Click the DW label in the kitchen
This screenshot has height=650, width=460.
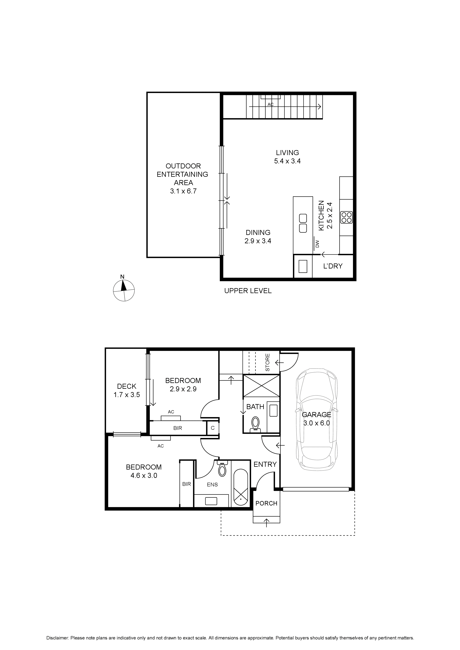317,244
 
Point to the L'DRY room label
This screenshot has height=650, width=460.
333,266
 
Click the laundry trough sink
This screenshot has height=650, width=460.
303,266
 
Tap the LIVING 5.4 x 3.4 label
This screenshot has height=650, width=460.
287,157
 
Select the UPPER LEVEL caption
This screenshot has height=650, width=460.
248,291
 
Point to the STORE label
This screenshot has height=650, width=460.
267,362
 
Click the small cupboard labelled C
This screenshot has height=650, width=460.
213,428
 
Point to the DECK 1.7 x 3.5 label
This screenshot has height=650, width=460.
127,390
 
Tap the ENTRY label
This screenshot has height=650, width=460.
265,464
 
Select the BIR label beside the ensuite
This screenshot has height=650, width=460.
186,484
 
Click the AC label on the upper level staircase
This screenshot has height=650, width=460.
270,105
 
